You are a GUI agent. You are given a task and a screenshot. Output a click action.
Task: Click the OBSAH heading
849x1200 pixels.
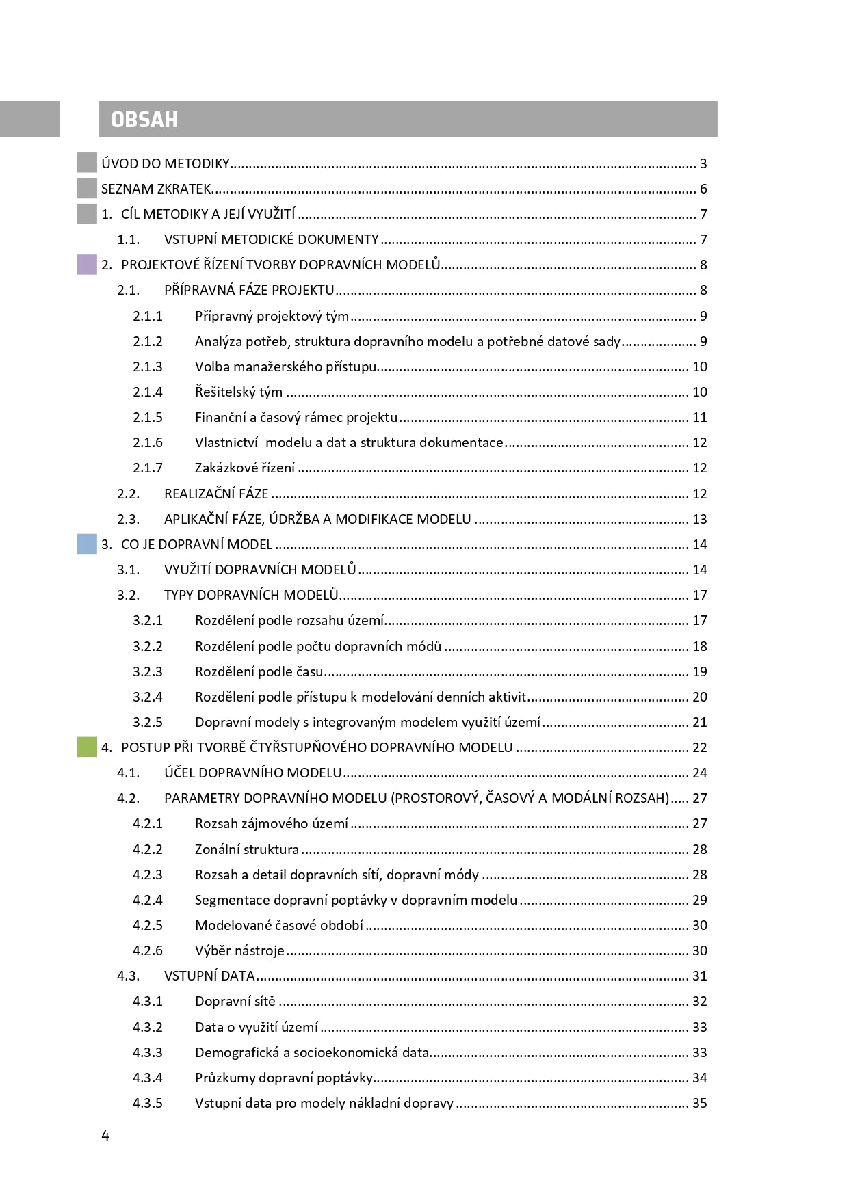tap(144, 120)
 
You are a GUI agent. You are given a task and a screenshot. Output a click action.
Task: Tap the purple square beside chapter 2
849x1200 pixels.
tap(87, 265)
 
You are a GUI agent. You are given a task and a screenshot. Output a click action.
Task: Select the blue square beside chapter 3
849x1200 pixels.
tap(87, 544)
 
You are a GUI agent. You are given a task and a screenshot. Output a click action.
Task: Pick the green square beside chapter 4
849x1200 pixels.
tap(87, 747)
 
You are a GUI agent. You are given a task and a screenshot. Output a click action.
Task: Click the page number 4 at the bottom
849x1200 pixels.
tap(105, 1136)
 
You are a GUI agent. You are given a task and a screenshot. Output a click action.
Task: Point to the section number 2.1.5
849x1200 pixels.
tap(148, 417)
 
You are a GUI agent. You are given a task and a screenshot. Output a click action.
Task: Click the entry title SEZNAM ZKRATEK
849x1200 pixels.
tap(156, 189)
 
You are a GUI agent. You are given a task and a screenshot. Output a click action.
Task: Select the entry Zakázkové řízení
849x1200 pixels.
tap(245, 468)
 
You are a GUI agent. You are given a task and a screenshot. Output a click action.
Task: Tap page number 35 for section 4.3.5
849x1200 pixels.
tap(699, 1103)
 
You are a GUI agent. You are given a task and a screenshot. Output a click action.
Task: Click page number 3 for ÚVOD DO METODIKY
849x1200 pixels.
tap(703, 163)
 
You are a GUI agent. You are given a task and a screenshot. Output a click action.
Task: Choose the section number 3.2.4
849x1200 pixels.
tap(148, 697)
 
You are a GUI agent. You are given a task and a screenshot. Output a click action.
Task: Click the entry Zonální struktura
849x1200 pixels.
tap(247, 849)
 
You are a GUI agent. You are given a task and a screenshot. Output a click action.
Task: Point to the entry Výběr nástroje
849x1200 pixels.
tap(239, 950)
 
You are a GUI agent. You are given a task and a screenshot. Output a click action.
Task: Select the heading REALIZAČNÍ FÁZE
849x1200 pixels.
tap(216, 494)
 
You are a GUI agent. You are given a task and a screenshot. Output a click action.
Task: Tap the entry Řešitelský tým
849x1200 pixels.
tap(239, 392)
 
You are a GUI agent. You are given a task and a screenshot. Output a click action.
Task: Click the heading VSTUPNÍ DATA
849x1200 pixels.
tap(209, 976)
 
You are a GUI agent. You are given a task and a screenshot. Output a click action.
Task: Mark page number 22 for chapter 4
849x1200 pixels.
tap(699, 747)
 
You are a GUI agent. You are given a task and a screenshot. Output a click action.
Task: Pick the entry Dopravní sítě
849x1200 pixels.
tap(235, 1001)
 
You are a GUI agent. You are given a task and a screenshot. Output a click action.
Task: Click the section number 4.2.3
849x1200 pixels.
tap(148, 875)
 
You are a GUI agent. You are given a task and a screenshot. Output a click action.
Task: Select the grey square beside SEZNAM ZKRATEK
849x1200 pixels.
tap(87, 189)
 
